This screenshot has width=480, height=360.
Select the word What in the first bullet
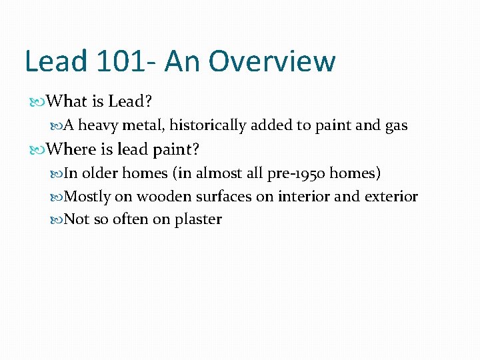(x=68, y=102)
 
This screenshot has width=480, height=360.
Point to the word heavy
(x=99, y=125)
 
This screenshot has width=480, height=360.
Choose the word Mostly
(x=87, y=197)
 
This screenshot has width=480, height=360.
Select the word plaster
(x=198, y=219)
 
